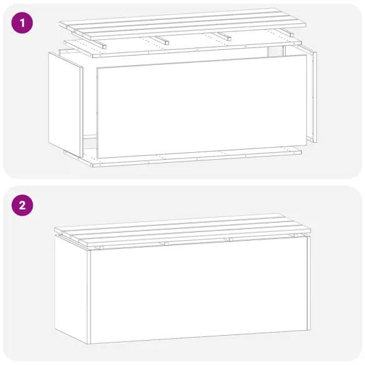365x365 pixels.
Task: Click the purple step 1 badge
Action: click(22, 24)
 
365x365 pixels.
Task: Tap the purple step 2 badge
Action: click(22, 205)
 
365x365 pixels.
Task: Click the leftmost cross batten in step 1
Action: click(99, 43)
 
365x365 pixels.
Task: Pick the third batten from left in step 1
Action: click(224, 36)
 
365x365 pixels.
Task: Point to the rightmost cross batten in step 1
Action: click(286, 32)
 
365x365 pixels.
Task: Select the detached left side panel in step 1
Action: click(65, 103)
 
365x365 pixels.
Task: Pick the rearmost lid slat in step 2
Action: click(181, 221)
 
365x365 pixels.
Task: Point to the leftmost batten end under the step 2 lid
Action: click(99, 247)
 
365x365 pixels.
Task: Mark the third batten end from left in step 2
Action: click(229, 240)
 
